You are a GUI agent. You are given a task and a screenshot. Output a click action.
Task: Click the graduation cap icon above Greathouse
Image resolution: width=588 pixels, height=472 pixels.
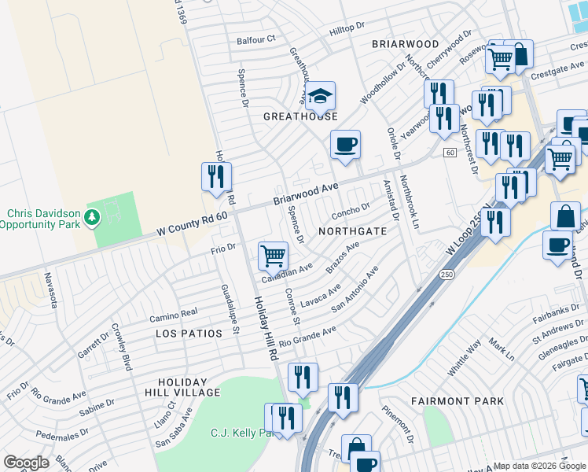pos(320,97)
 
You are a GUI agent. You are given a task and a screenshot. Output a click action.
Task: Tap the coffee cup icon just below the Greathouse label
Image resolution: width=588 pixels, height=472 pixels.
pos(345,145)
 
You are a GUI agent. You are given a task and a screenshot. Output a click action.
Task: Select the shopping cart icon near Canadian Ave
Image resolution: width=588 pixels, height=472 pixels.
pos(273,255)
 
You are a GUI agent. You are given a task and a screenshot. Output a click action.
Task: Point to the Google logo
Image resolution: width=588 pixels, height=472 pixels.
pos(26,463)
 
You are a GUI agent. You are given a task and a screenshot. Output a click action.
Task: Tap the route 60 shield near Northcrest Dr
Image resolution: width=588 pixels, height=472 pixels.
pos(449,152)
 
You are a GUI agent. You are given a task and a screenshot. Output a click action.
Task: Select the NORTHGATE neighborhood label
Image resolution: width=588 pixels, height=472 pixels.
pos(352,232)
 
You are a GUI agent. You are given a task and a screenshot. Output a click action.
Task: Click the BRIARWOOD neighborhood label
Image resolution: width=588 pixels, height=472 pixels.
pos(405,44)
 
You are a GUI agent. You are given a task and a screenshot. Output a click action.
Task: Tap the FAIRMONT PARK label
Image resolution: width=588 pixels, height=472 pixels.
pos(458,401)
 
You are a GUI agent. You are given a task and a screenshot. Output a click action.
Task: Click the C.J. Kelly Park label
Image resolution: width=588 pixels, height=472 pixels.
pos(241,433)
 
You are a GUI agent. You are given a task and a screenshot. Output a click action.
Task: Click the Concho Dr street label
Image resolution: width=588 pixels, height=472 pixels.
pos(351,210)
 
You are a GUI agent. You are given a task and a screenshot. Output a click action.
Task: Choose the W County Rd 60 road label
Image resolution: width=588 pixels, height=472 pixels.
pos(192,220)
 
